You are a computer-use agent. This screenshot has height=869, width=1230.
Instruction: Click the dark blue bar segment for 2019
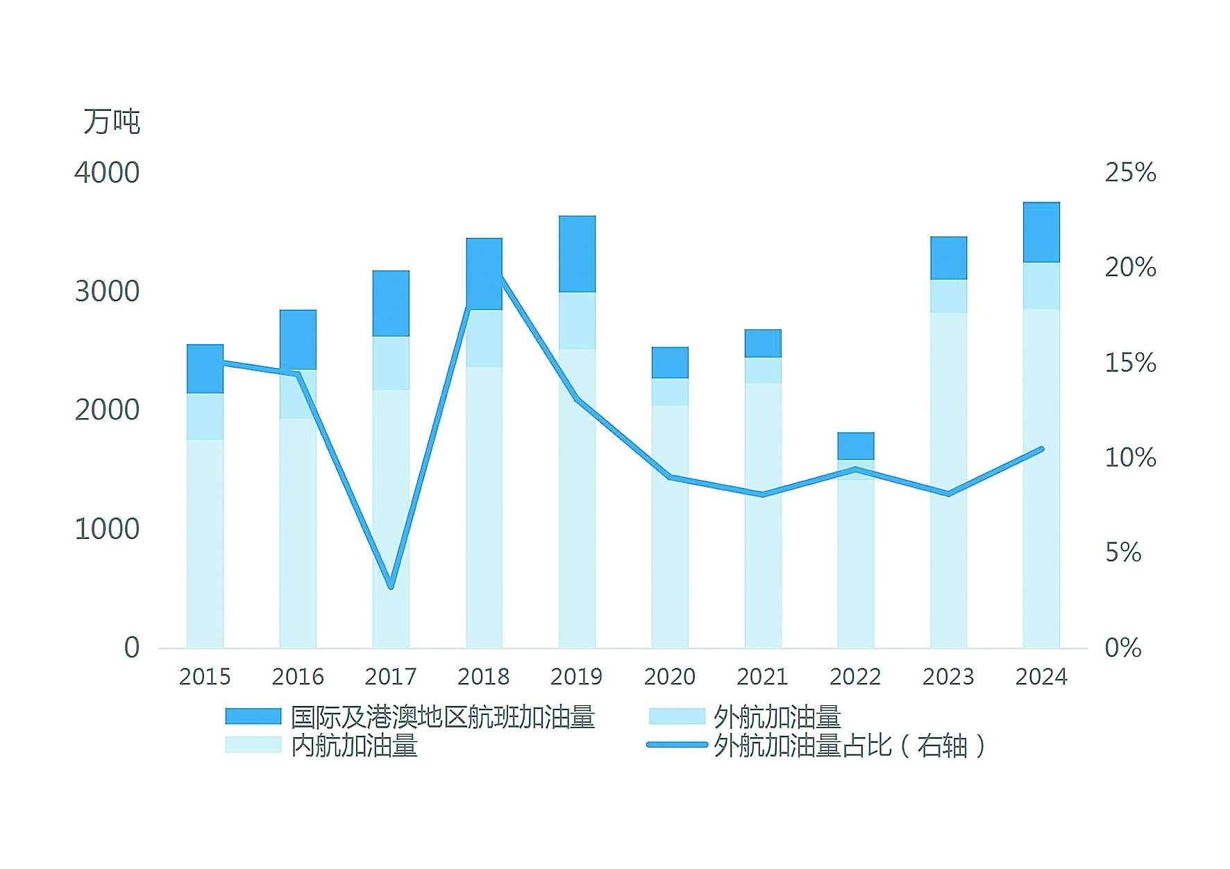[577, 254]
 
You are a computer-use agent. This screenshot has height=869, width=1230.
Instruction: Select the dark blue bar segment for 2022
[855, 446]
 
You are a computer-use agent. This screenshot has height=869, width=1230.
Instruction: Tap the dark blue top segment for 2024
[1041, 232]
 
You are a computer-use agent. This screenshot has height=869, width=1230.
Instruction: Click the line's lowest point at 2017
[391, 586]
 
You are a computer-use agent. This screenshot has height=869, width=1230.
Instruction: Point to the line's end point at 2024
[1041, 449]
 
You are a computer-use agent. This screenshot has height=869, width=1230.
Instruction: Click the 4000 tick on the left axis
[107, 173]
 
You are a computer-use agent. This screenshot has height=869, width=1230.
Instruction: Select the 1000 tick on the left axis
[107, 529]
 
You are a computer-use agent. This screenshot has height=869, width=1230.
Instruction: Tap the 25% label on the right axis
[1130, 173]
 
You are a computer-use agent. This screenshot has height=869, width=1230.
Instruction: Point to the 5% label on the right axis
[1123, 553]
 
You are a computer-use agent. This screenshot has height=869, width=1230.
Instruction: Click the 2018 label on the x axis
[484, 676]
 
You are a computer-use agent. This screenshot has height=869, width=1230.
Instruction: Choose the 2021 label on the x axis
[762, 676]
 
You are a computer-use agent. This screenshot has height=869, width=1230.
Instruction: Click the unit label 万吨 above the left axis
[112, 122]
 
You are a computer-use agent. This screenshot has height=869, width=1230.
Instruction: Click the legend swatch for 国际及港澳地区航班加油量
[253, 716]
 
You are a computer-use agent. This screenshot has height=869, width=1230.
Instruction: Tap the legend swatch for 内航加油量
[253, 745]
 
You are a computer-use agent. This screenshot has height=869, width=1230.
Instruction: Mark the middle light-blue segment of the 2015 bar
[205, 416]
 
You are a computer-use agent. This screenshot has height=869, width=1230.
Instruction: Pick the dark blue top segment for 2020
[670, 363]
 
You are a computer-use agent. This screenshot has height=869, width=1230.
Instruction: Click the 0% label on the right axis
[1123, 648]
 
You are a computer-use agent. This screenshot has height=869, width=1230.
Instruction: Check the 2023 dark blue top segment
[948, 258]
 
